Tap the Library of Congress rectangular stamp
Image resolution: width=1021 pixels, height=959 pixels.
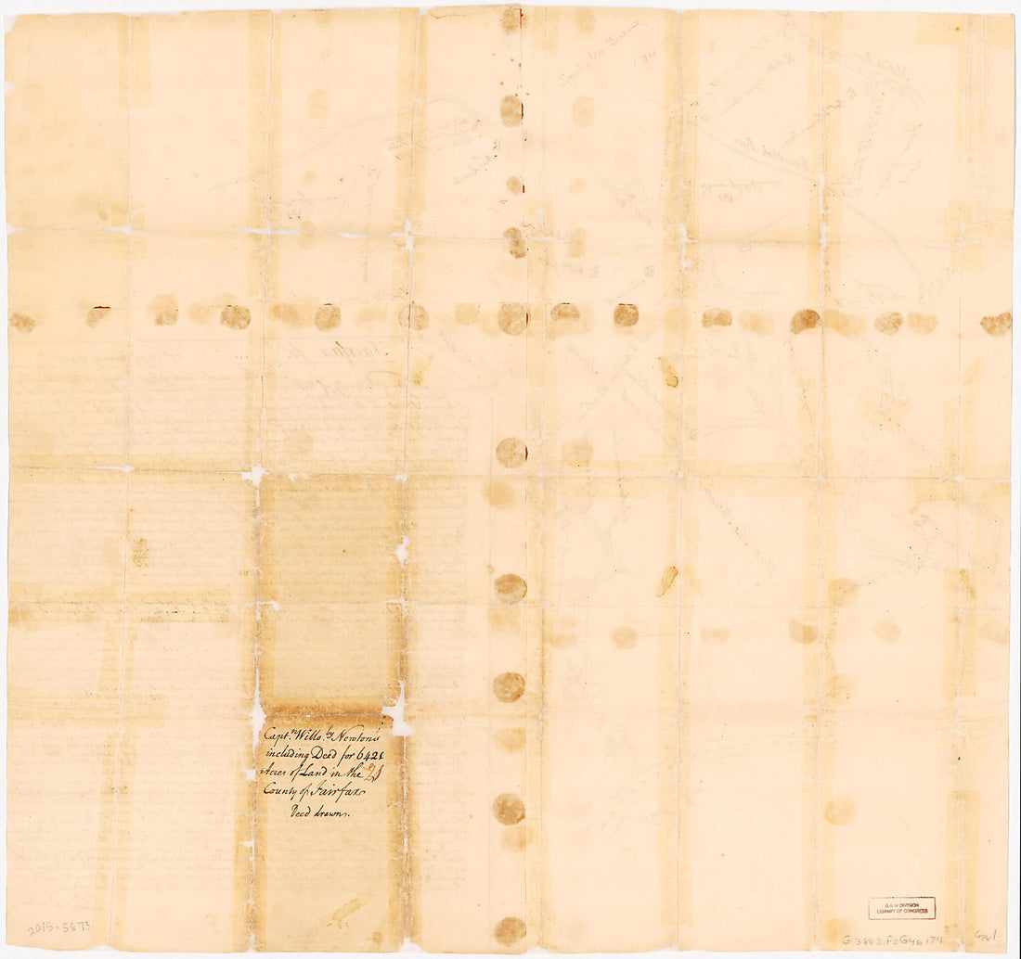[x=901, y=908]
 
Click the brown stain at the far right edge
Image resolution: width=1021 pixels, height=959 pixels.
[x=996, y=323]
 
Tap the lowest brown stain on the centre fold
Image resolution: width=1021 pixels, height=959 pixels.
[x=510, y=930]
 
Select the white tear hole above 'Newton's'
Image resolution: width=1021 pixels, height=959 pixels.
[x=398, y=711]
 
